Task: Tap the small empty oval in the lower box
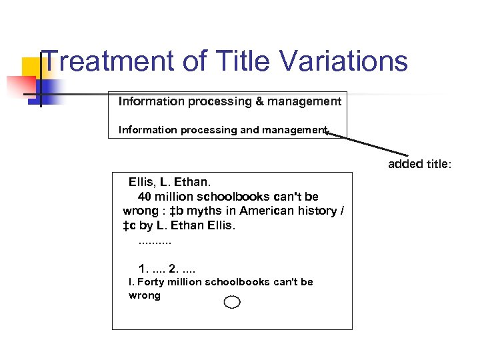click(232, 303)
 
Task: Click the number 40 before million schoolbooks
click(144, 197)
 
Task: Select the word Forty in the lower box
click(150, 282)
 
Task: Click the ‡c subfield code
click(129, 225)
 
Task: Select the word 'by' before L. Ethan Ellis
click(147, 225)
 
